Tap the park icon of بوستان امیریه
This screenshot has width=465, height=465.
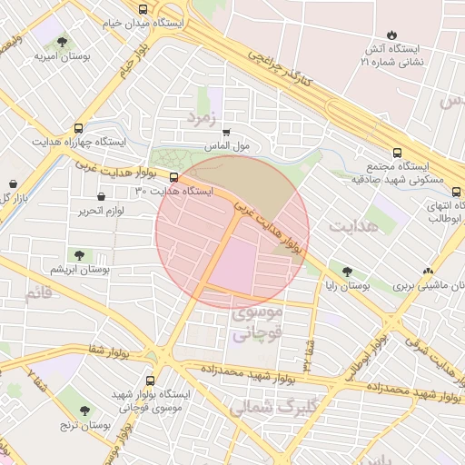62,42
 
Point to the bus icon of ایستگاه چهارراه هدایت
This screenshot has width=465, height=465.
78,128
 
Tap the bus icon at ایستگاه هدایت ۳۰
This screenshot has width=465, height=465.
174,178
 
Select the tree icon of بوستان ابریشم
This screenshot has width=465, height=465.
79,255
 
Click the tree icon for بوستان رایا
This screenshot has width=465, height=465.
347,271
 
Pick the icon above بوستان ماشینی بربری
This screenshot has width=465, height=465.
428,271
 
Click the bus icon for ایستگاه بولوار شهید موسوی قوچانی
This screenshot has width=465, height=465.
150,381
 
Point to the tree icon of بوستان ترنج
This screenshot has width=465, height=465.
84,411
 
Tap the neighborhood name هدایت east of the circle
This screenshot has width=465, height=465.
353,226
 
